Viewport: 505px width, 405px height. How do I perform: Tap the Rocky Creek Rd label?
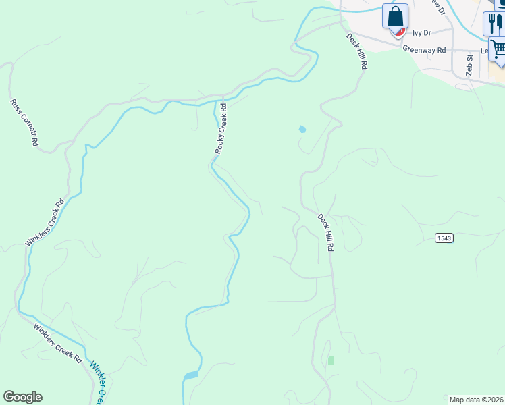pyautogui.click(x=221, y=128)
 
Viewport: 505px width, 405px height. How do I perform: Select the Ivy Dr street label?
pyautogui.click(x=421, y=32)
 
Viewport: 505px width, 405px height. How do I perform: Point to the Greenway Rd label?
pyautogui.click(x=424, y=49)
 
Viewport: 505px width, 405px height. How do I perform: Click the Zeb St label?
pyautogui.click(x=470, y=66)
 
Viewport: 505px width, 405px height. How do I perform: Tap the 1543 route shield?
pyautogui.click(x=444, y=238)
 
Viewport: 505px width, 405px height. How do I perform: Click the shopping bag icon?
pyautogui.click(x=395, y=16)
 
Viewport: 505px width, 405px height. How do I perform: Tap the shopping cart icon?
pyautogui.click(x=498, y=49)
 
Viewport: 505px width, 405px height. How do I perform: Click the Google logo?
pyautogui.click(x=22, y=397)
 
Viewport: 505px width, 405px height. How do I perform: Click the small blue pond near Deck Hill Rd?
pyautogui.click(x=302, y=128)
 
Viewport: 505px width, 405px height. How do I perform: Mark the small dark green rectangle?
pyautogui.click(x=331, y=360)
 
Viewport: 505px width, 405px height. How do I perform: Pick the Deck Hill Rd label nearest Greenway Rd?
pyautogui.click(x=357, y=52)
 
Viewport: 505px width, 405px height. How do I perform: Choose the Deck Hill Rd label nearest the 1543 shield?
pyautogui.click(x=326, y=233)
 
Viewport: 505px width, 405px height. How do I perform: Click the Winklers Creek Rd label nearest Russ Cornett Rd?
pyautogui.click(x=45, y=222)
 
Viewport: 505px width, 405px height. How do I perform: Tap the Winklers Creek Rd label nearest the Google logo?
pyautogui.click(x=58, y=342)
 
